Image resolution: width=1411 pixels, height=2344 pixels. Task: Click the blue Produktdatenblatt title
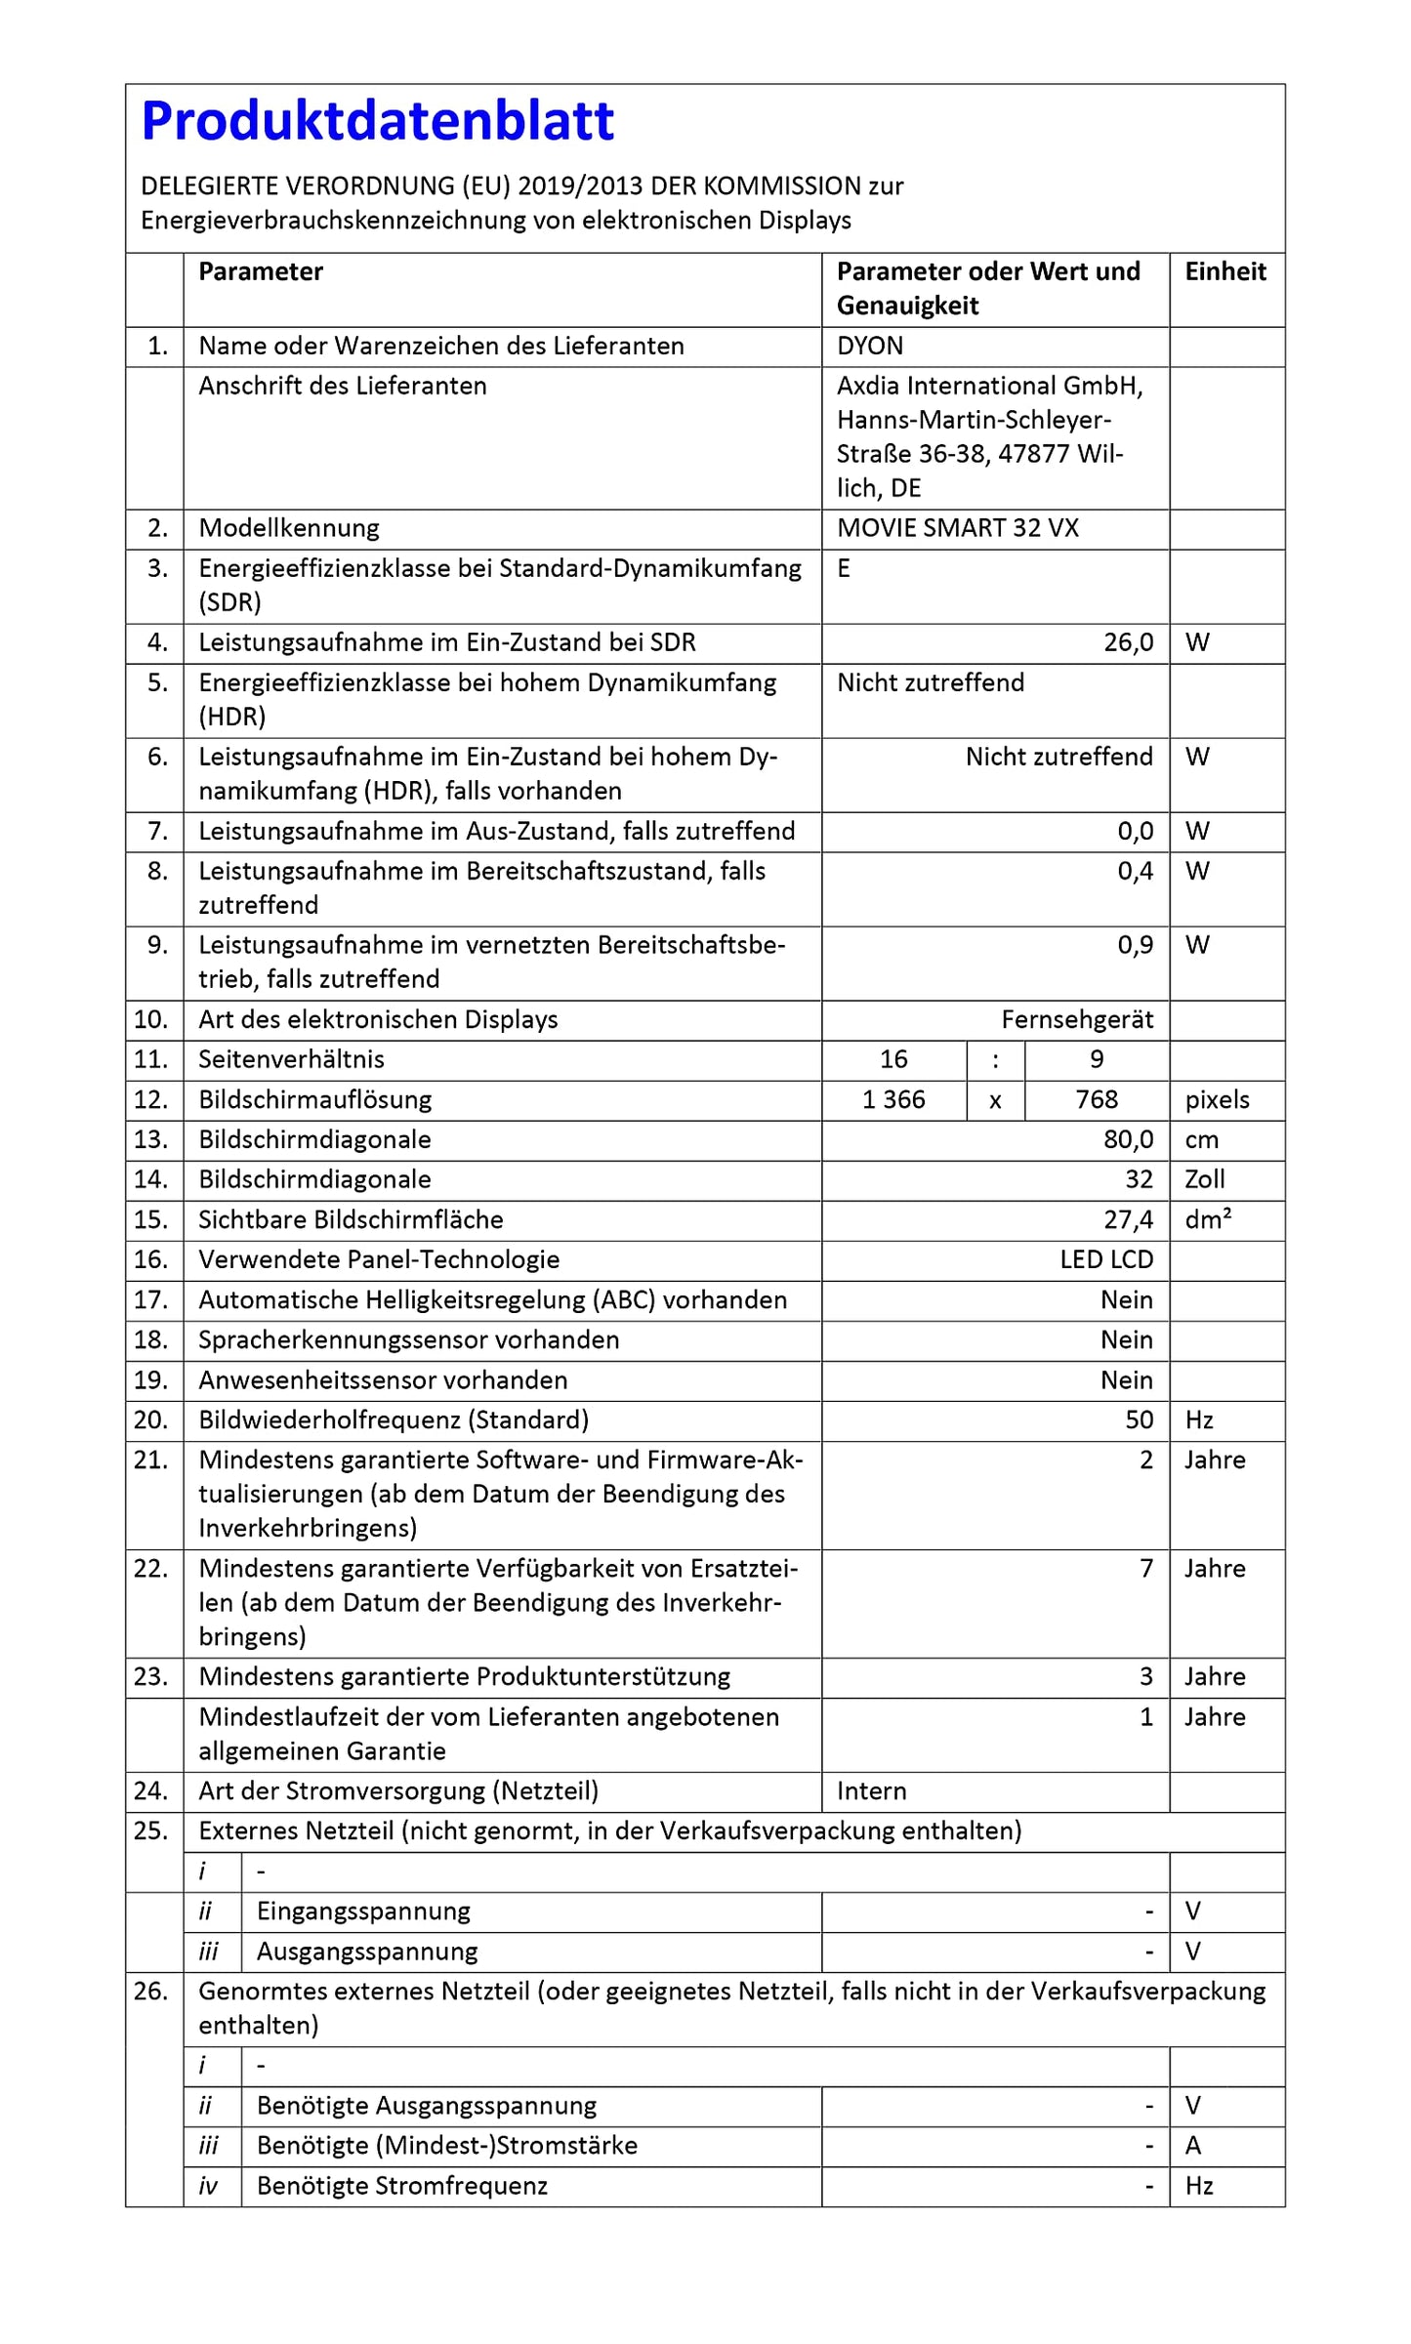378,121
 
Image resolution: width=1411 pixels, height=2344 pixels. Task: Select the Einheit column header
1224,271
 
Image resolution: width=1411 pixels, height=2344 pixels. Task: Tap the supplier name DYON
869,346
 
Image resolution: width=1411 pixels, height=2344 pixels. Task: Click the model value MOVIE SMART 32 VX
957,528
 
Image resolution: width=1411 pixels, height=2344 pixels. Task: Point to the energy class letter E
844,568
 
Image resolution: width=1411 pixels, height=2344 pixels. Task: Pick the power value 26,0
1128,642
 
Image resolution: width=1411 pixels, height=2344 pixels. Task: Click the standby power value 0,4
1135,871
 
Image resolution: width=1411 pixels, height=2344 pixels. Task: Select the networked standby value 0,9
1135,945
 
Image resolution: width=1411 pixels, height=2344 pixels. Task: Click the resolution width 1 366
893,1099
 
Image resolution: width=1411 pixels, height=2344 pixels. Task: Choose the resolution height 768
1096,1099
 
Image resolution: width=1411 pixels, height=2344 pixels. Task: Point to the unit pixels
1217,1099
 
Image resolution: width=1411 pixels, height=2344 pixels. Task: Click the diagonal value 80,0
1128,1139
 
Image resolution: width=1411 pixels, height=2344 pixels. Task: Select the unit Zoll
1204,1179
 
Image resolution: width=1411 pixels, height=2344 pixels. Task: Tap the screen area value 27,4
1128,1219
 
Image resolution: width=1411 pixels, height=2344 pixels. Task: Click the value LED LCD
1105,1259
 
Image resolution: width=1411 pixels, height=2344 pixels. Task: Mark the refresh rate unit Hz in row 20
1198,1419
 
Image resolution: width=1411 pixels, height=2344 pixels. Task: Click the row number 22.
151,1568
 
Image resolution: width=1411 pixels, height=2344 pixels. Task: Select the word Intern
871,1790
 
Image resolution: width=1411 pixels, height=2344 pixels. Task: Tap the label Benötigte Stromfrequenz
401,2186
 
